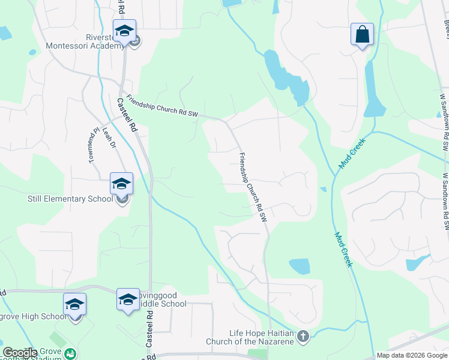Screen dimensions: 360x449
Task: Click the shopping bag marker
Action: [x=363, y=34]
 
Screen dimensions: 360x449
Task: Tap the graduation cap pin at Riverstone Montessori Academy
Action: [x=124, y=31]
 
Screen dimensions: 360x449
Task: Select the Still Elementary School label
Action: [x=70, y=199]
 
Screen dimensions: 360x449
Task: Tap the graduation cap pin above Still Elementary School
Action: [x=121, y=184]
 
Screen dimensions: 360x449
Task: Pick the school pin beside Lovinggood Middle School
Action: [x=128, y=299]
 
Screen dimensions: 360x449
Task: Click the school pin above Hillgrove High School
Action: [x=75, y=304]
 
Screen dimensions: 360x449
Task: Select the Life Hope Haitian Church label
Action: [x=261, y=337]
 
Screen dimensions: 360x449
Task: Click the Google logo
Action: [x=20, y=353]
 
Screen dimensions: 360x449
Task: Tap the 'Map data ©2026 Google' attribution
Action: [x=412, y=355]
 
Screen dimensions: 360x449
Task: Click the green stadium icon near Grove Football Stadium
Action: [x=70, y=354]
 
